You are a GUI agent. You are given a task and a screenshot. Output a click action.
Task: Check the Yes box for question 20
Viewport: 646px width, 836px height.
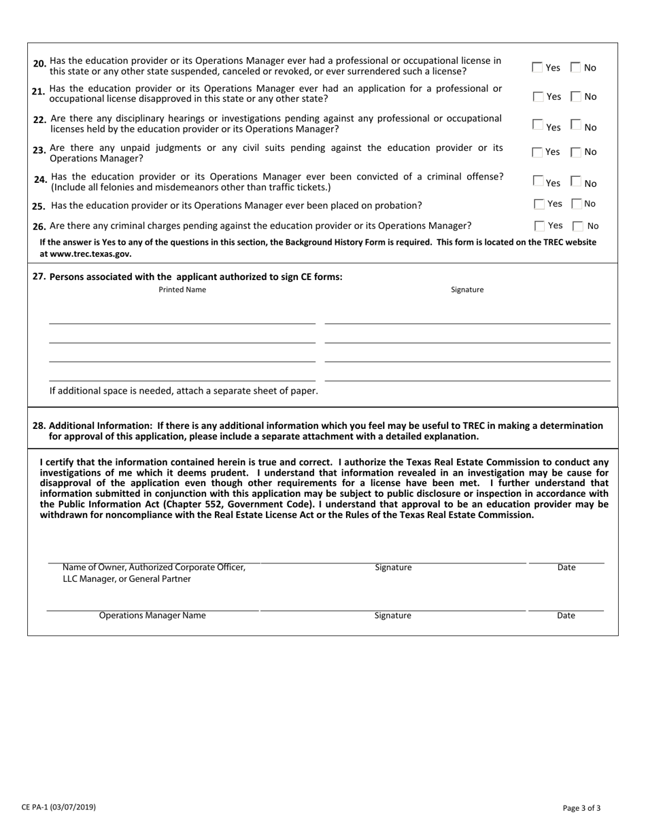click(x=537, y=67)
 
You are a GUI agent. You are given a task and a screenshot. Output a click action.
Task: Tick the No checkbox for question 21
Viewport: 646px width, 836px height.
click(x=576, y=97)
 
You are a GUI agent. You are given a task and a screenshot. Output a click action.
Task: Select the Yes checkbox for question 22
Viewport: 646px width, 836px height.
click(x=537, y=125)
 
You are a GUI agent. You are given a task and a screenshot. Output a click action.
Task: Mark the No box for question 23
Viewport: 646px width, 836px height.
click(x=576, y=152)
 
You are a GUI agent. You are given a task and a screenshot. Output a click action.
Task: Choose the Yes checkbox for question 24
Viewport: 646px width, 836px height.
click(x=537, y=181)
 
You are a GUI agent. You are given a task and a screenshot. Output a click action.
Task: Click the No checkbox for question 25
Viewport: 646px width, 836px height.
click(x=576, y=204)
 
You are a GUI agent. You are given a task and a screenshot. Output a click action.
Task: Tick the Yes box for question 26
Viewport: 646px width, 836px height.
click(x=540, y=226)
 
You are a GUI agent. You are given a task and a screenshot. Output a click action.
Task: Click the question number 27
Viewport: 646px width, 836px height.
click(x=39, y=277)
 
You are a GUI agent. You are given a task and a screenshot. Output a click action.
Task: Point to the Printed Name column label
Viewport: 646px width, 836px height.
click(x=182, y=290)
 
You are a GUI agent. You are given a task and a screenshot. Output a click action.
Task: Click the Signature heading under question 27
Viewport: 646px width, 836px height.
click(x=467, y=290)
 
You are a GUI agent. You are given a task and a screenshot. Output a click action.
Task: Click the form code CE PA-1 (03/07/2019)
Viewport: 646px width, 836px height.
click(x=58, y=807)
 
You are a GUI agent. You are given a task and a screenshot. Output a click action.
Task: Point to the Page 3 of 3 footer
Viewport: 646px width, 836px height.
click(x=581, y=808)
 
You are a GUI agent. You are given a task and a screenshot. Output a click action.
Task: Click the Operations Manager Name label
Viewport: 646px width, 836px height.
click(x=152, y=616)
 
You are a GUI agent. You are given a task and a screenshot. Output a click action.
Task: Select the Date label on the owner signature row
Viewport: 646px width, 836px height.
click(x=566, y=568)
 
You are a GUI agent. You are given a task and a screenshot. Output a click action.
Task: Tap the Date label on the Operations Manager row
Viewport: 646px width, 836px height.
click(x=566, y=616)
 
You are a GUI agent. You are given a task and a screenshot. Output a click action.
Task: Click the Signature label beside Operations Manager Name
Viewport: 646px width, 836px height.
click(x=392, y=616)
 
